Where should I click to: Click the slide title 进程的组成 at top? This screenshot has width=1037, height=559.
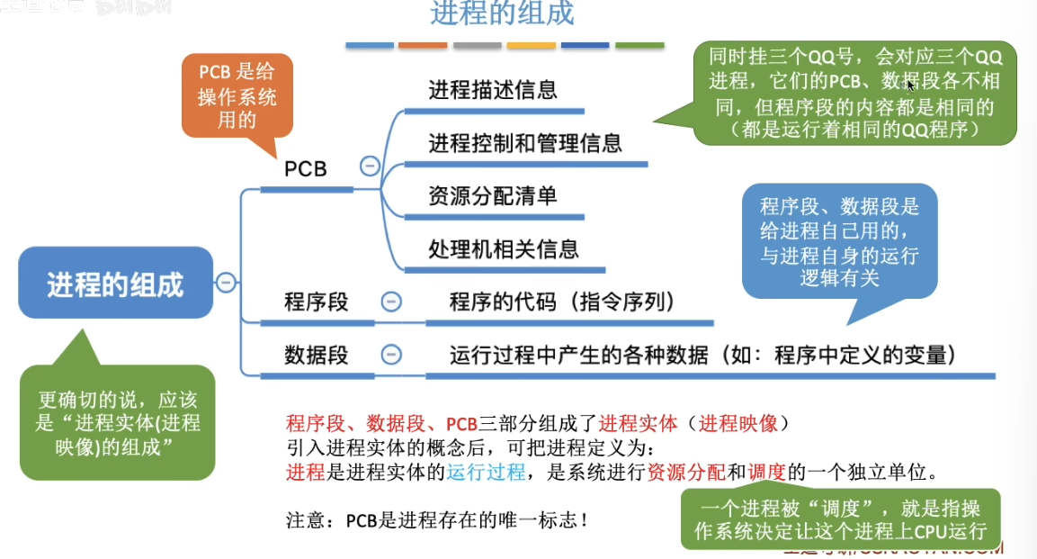(502, 14)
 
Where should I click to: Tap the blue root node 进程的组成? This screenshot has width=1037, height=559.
(115, 285)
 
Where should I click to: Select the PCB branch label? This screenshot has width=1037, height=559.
(305, 168)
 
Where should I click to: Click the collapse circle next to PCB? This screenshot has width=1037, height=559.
(369, 167)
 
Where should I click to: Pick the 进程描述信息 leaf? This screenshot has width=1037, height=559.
(492, 90)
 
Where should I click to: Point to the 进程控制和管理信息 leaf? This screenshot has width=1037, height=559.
(524, 142)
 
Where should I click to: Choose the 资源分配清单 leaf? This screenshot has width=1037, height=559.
(492, 195)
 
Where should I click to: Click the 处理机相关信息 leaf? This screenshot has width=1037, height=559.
(503, 248)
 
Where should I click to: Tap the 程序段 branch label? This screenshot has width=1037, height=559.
(316, 302)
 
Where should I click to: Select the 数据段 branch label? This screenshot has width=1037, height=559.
(316, 355)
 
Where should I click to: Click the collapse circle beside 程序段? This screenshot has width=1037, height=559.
(391, 302)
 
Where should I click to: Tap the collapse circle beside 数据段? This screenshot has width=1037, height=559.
(391, 355)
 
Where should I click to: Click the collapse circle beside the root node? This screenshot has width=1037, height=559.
(226, 283)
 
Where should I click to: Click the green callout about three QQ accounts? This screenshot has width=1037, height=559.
(854, 93)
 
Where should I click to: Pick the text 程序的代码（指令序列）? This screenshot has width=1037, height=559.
(562, 302)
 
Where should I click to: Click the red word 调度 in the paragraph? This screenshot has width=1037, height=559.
(767, 472)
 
